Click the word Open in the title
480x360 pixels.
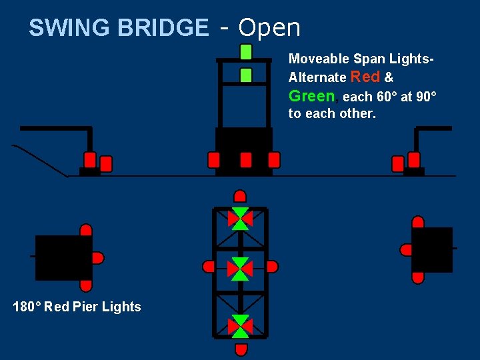[x=269, y=28]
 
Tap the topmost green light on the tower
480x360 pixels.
[x=246, y=51]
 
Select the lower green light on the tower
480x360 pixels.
[x=246, y=75]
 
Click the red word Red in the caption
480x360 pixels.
[x=365, y=77]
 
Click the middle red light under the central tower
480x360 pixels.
[x=246, y=160]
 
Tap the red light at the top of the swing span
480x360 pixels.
[x=240, y=196]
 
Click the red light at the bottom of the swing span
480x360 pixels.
[x=241, y=349]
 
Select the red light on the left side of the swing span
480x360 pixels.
[x=209, y=267]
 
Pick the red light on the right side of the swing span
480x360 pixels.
[x=271, y=267]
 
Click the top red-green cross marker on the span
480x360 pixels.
[x=240, y=218]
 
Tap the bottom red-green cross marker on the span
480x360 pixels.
[x=240, y=326]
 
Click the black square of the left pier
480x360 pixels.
[x=63, y=257]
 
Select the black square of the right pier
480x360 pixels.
[x=432, y=250]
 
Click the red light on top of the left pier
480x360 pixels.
[x=86, y=231]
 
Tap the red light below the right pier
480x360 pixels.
[x=418, y=277]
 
